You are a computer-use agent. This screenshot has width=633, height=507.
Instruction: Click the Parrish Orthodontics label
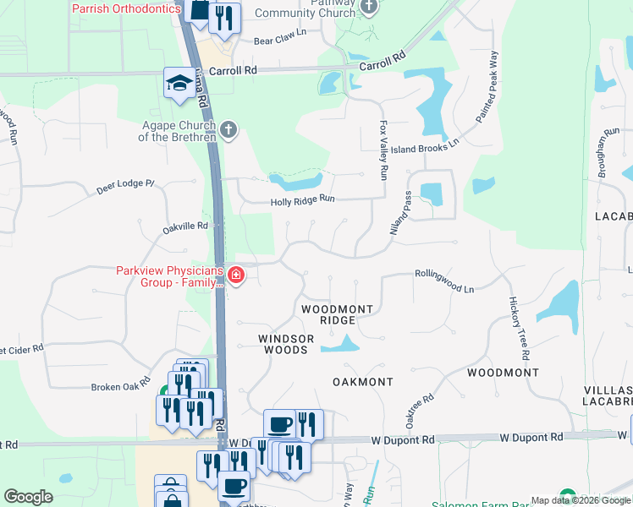click(x=126, y=8)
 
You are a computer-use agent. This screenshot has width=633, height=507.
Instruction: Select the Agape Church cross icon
click(x=228, y=130)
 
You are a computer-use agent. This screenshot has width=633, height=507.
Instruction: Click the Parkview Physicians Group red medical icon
click(x=235, y=275)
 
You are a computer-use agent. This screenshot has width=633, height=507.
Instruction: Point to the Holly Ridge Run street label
click(x=303, y=200)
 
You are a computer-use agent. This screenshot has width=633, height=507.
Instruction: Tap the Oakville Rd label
click(x=185, y=226)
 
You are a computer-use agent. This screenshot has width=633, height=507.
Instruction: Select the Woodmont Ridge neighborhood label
click(x=338, y=315)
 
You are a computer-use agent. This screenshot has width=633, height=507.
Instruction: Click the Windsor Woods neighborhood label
click(x=286, y=343)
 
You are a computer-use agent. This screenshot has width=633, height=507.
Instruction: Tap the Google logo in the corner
click(x=28, y=497)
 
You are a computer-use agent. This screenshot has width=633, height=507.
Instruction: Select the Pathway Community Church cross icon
click(x=368, y=8)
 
